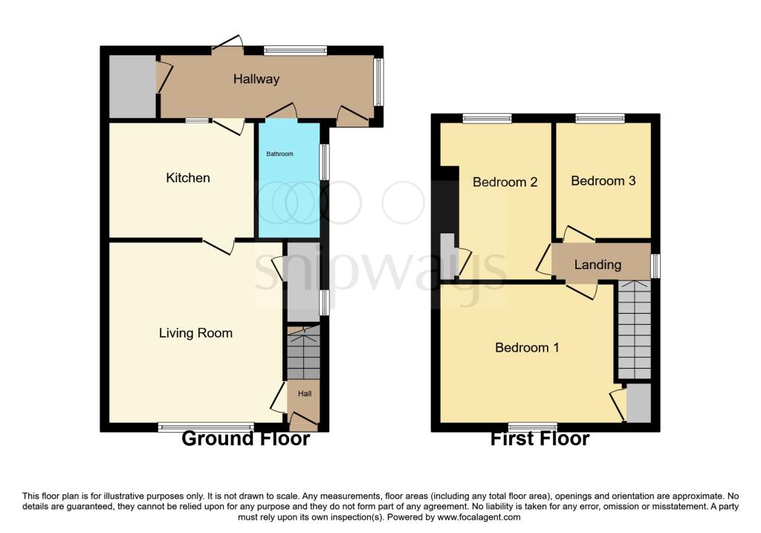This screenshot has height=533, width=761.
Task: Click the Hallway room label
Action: pos(256,79)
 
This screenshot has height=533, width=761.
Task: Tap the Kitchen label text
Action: pos(187,178)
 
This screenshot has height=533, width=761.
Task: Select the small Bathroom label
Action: pos(280,154)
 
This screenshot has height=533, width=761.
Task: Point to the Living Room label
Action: pos(195,333)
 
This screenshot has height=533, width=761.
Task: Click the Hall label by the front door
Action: pos(305,393)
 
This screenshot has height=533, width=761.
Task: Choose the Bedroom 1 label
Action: pos(527,347)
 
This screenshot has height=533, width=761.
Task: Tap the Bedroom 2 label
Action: pos(505,182)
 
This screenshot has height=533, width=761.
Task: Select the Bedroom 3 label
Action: pos(603,181)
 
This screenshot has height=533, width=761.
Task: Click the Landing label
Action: pos(598,265)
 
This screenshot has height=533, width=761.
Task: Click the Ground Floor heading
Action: pos(245,439)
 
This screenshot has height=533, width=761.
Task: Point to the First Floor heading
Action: pos(540,439)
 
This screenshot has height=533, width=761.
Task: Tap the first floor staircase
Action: pos(634,331)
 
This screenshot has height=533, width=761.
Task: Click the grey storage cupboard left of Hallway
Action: pos(132,86)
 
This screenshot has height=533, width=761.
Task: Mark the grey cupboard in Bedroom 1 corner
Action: pos(638,403)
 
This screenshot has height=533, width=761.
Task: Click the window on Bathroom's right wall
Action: pos(324,161)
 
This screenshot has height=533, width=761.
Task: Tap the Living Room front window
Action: pos(206,427)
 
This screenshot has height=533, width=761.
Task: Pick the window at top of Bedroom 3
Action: pos(600,117)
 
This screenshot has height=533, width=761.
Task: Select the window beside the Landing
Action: pos(655,265)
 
